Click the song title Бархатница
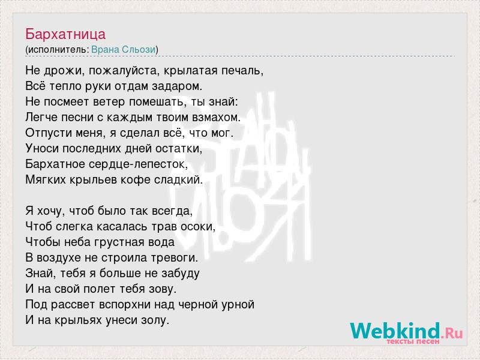(65, 34)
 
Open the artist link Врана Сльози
(124, 50)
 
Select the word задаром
(177, 86)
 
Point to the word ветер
(109, 102)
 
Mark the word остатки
(179, 149)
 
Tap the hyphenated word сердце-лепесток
(139, 164)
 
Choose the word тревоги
(175, 258)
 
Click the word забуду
(181, 274)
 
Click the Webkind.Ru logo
(407, 332)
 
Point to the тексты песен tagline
(413, 341)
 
